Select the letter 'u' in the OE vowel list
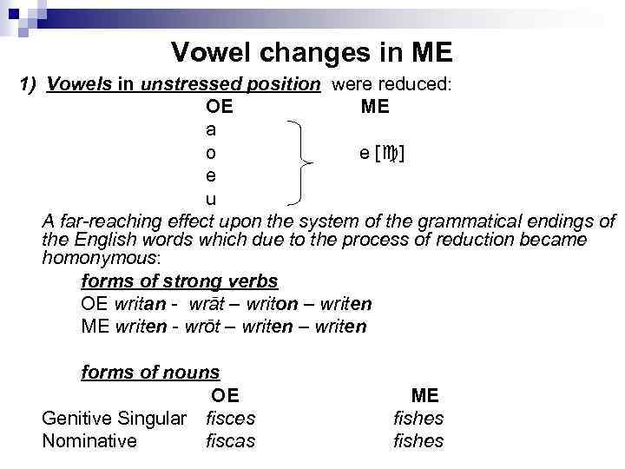click(211, 199)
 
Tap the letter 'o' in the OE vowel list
click(212, 153)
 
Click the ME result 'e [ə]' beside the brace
click(382, 153)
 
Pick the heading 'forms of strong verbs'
click(179, 281)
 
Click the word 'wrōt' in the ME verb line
click(199, 327)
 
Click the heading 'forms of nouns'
click(150, 373)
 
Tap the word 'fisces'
click(230, 418)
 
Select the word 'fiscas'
click(230, 440)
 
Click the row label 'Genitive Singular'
click(114, 418)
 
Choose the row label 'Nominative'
click(89, 440)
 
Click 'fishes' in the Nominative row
click(418, 440)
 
